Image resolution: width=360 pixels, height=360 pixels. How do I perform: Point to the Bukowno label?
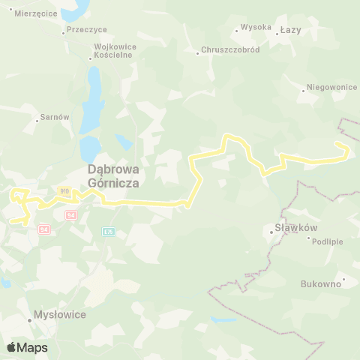point(320,284)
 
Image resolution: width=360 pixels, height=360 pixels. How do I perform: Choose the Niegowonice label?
point(332,87)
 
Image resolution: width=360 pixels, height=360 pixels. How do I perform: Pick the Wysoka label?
point(256,28)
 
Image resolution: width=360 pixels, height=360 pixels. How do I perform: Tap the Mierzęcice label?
point(31,13)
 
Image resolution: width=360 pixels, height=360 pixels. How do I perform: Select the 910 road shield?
point(65,191)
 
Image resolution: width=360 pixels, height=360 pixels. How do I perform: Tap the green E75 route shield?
point(109,231)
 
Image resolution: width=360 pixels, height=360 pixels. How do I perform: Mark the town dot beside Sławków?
point(271,232)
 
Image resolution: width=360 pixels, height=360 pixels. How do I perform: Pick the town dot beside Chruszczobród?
point(196,53)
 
